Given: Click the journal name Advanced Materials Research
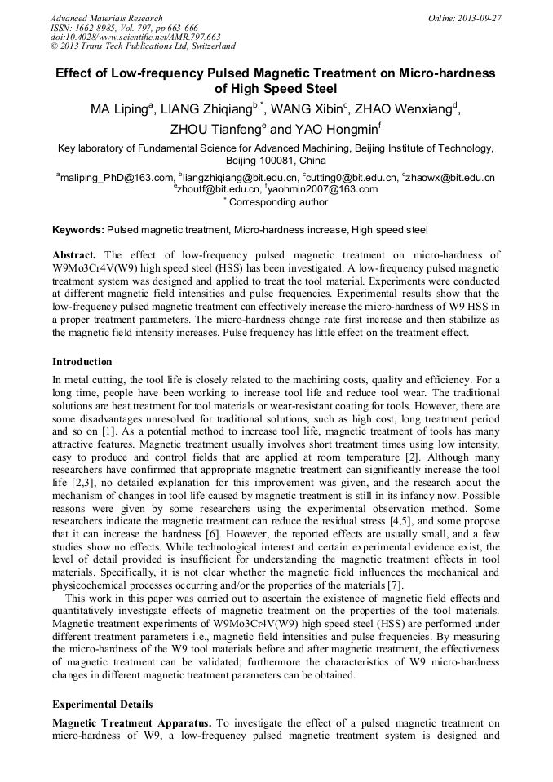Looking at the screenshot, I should point(106,18).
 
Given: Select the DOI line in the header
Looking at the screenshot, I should point(136,37).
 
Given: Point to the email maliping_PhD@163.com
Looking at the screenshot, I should point(117,178).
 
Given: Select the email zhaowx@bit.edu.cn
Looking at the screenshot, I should point(452,178).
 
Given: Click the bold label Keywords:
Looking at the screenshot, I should point(78,232).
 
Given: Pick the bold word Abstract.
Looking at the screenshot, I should point(74,256).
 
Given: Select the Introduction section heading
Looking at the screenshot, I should point(82,361).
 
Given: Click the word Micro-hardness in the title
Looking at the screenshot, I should point(444,73).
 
